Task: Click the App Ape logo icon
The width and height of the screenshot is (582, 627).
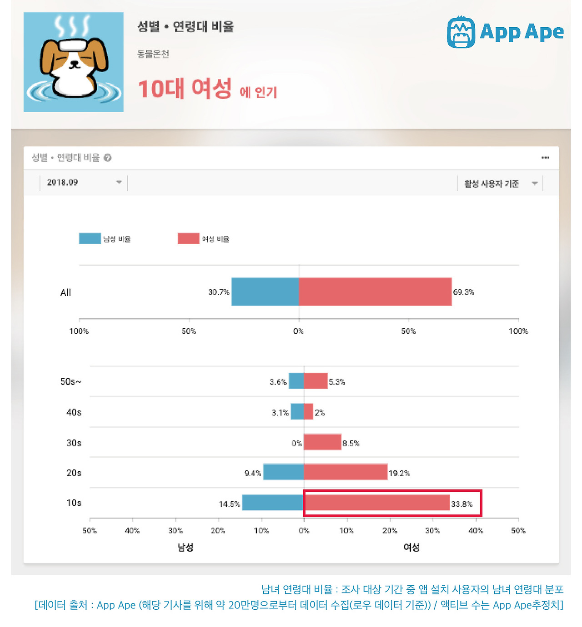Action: click(x=461, y=32)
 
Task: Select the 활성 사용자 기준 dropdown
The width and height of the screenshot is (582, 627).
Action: click(x=500, y=183)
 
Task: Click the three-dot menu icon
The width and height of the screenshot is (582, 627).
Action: click(x=545, y=158)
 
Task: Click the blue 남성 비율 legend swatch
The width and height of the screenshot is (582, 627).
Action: click(x=90, y=239)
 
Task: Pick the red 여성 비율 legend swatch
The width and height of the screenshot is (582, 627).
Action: click(x=188, y=239)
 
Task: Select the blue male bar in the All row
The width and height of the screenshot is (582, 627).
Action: click(x=265, y=292)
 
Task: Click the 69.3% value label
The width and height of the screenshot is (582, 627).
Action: click(x=463, y=292)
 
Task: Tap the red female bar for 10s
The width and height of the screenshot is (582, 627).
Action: click(x=376, y=503)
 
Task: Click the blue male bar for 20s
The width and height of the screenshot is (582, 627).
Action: click(x=283, y=472)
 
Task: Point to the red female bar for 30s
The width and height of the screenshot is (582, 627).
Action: click(x=322, y=442)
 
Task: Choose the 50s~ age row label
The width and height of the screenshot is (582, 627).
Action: click(x=70, y=382)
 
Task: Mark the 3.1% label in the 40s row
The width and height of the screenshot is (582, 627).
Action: click(x=280, y=413)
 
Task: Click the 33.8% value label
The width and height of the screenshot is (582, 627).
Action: click(x=462, y=504)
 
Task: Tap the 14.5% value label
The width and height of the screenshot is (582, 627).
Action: click(x=229, y=504)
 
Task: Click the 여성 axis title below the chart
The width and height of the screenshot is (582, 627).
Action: click(x=411, y=548)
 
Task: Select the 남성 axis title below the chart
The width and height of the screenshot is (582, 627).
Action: click(x=185, y=548)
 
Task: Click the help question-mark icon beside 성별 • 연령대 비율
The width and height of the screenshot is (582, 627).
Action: click(x=108, y=158)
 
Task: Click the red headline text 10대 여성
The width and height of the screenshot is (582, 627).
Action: click(x=185, y=89)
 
